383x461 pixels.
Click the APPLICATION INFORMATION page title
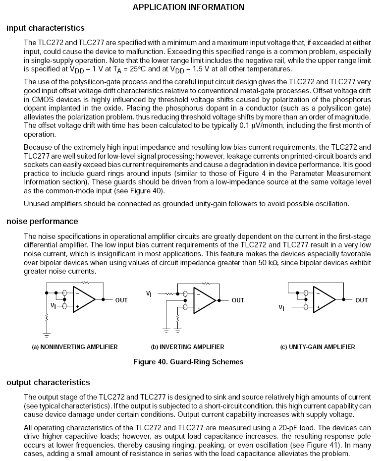pos(189,7)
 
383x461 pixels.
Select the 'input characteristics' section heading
pos(46,28)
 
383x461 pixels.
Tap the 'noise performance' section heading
pos(42,221)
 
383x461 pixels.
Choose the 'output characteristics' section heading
pos(48,382)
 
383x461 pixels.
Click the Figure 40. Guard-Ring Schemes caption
pos(188,362)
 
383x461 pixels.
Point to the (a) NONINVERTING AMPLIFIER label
pos(75,347)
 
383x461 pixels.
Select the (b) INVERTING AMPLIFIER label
pos(187,347)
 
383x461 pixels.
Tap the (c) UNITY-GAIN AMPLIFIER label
pos(318,347)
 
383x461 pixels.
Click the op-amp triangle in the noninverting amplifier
pos(83,299)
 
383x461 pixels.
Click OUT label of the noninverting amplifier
pos(121,300)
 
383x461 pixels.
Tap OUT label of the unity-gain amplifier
pos(362,300)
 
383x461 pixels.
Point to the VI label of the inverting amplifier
pos(149,294)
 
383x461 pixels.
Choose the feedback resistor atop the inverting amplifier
pos(206,283)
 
